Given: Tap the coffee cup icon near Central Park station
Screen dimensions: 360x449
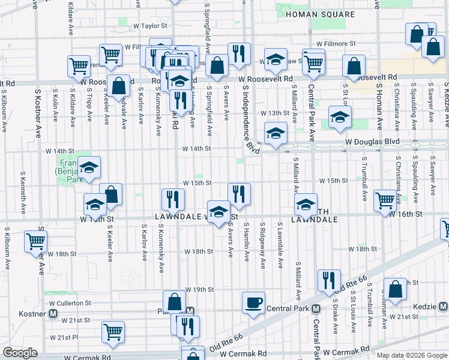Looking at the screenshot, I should [253, 302].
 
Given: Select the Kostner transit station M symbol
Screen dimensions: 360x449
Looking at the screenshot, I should [53, 314].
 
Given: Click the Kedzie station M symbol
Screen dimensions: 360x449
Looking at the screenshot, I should [441, 307].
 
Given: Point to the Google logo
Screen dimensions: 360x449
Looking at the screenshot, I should [20, 353].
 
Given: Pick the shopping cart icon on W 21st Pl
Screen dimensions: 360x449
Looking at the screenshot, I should [113, 331].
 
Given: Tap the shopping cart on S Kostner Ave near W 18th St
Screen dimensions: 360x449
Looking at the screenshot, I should [35, 241].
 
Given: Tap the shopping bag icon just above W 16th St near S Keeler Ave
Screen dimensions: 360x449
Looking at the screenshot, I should [110, 194].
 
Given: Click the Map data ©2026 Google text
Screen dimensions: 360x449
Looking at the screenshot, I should [412, 355].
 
